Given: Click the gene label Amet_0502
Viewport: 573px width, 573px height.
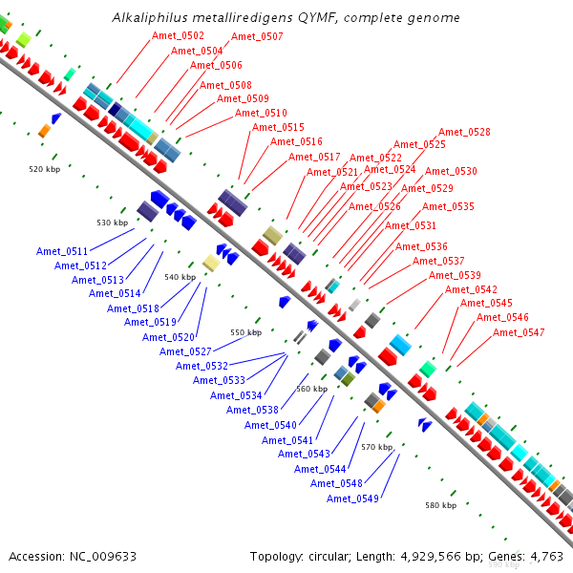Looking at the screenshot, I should [179, 36].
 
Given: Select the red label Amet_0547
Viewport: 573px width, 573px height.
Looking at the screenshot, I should [519, 332].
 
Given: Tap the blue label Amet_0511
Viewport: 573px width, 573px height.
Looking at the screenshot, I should [62, 251].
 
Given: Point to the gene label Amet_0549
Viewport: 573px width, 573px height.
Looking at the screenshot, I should [352, 499].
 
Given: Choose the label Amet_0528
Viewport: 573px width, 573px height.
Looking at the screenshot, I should [464, 132].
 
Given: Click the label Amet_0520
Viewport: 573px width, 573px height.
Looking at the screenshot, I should [169, 337].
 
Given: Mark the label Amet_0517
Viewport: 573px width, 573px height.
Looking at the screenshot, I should [314, 157].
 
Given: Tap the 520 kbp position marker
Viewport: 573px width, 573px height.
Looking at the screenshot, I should [44, 169].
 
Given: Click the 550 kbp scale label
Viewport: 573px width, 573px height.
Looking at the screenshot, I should [245, 332].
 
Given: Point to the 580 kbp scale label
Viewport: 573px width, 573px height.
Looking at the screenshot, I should [440, 504].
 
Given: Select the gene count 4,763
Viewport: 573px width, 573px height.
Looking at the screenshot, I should [543, 556].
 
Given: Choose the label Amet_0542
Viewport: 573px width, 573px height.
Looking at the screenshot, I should [471, 289].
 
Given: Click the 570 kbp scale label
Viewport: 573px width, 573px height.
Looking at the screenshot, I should [376, 447].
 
